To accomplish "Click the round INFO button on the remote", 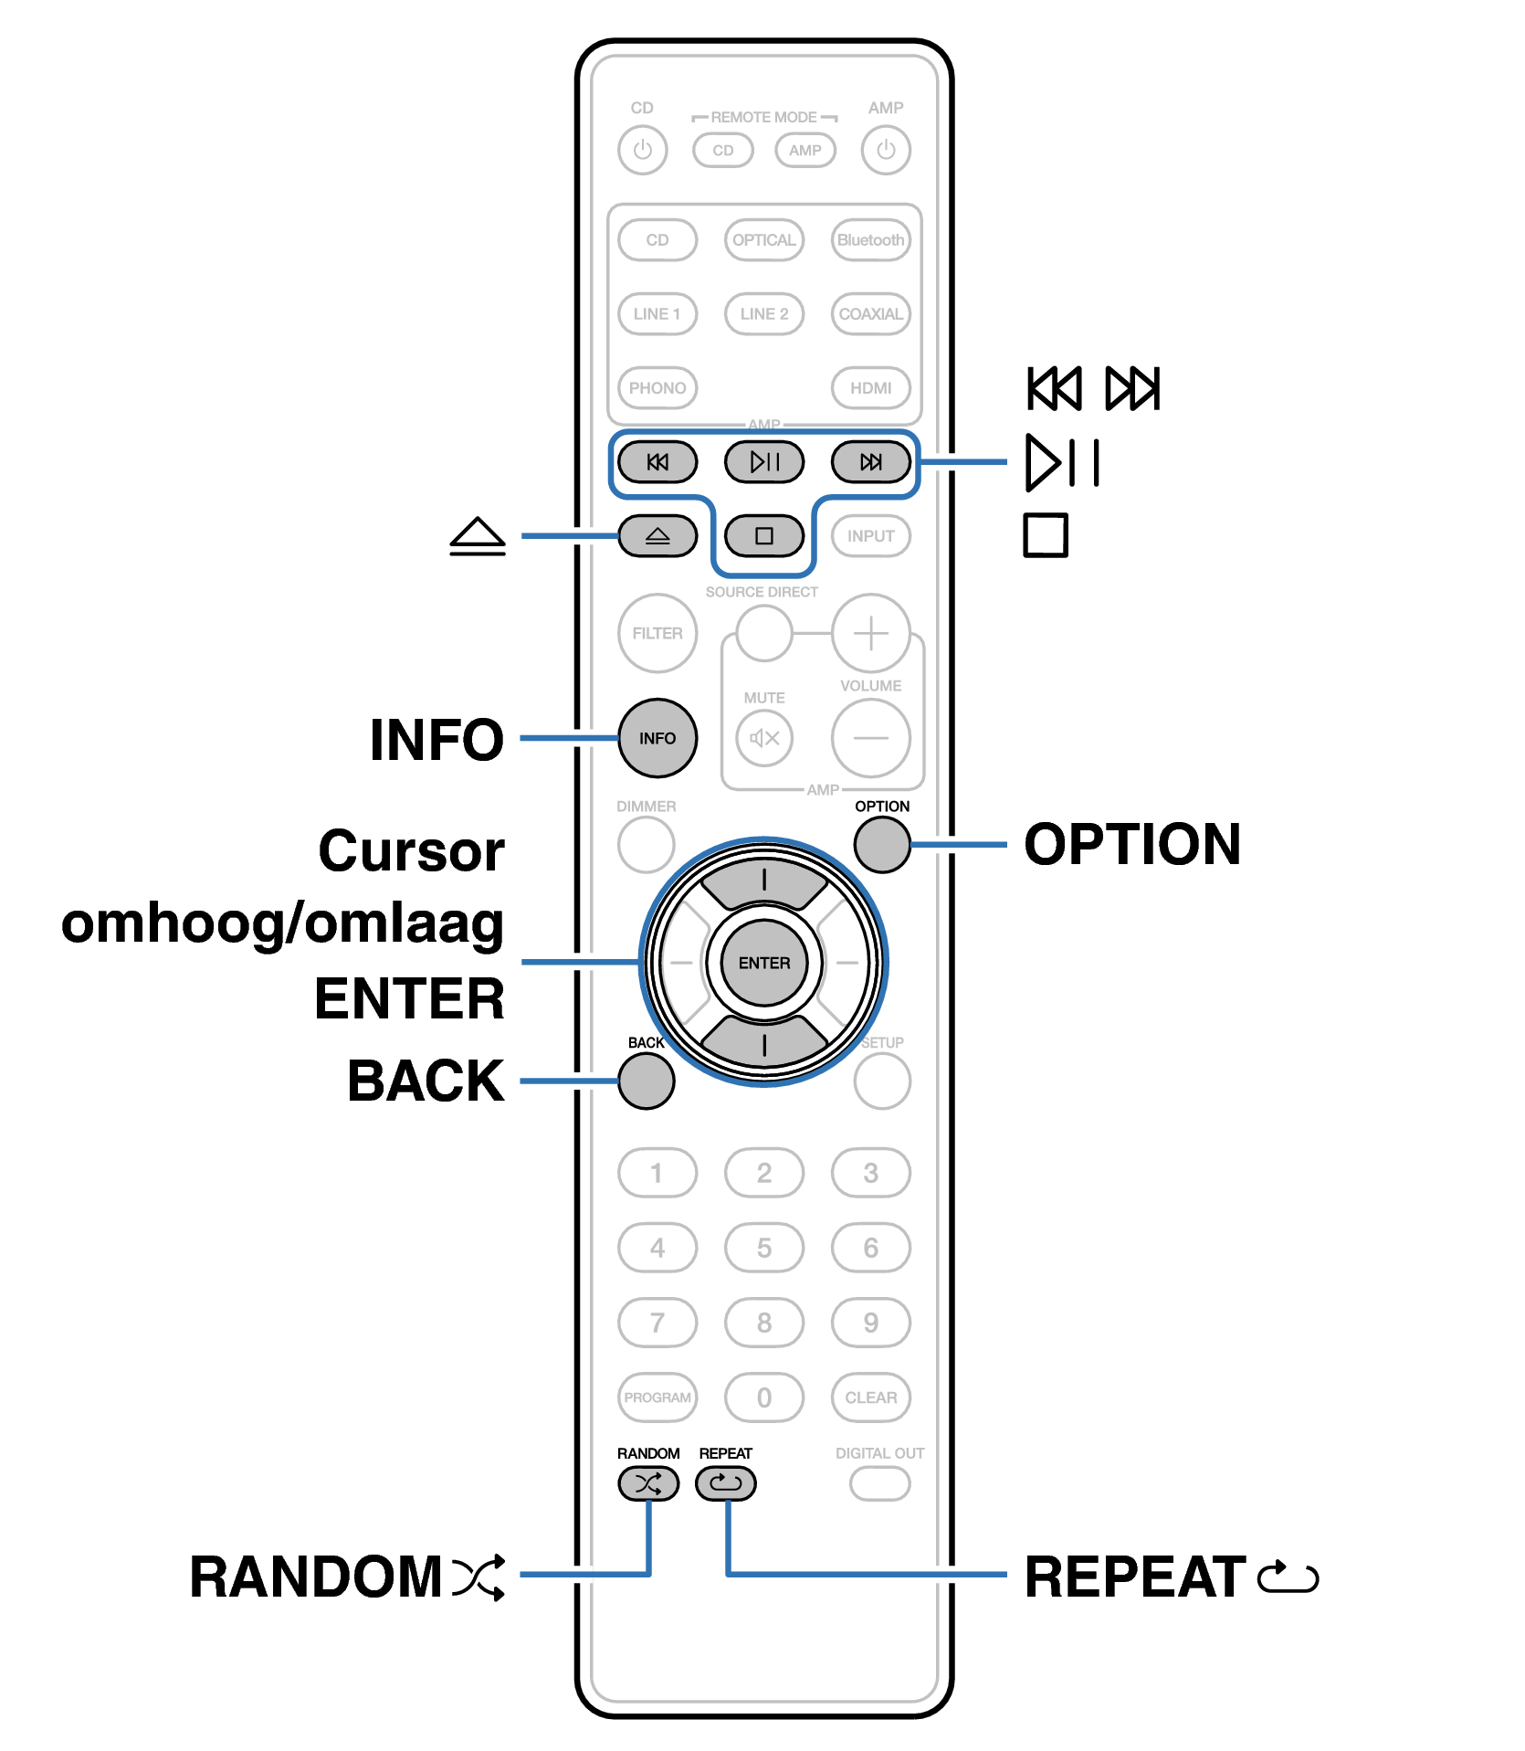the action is click(657, 738).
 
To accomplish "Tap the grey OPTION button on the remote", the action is click(882, 844).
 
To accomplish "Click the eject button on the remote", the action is click(657, 536).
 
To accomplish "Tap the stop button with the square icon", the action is click(764, 536).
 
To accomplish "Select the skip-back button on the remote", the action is click(657, 462).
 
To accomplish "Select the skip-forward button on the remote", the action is click(871, 462).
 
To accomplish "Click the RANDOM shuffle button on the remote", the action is click(648, 1483).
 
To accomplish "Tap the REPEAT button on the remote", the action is click(726, 1483).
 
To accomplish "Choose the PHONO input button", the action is click(657, 388).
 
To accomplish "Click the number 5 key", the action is click(764, 1248).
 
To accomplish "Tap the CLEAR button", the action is click(871, 1398).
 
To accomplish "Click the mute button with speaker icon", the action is click(764, 738).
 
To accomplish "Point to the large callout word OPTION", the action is click(1132, 844).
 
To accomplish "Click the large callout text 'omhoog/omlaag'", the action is click(282, 924).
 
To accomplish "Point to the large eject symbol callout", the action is click(478, 536).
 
